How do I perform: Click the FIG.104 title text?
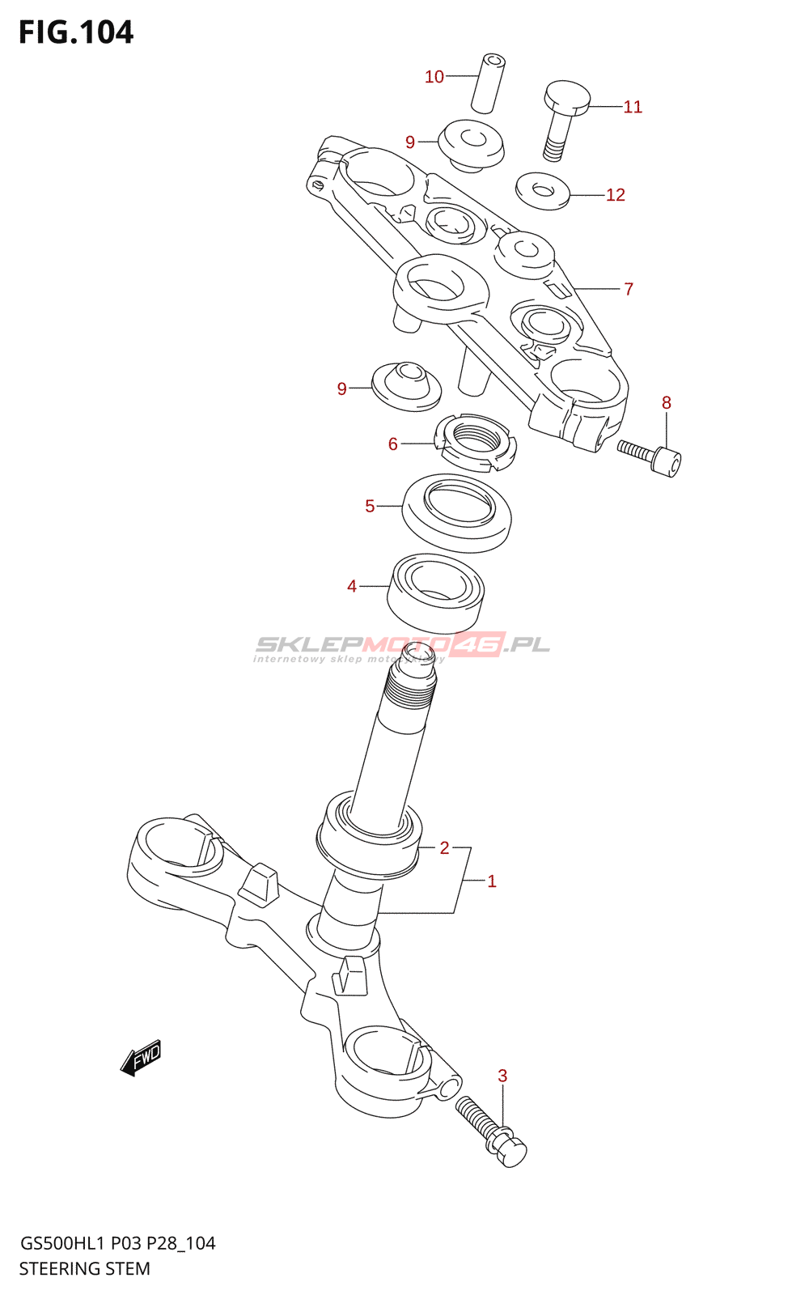76,32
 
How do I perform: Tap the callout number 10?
434,77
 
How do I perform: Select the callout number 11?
633,107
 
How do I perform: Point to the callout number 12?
616,195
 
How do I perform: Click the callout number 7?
629,289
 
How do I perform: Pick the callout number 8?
667,403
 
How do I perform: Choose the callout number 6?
393,444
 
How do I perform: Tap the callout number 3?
502,1076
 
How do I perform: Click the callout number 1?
492,881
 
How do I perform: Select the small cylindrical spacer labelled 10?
488,83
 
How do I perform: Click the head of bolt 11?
567,97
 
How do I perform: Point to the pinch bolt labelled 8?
650,457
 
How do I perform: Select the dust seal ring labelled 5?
457,512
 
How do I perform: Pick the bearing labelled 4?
436,592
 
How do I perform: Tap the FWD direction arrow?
141,1058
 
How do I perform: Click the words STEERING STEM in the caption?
85,1269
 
